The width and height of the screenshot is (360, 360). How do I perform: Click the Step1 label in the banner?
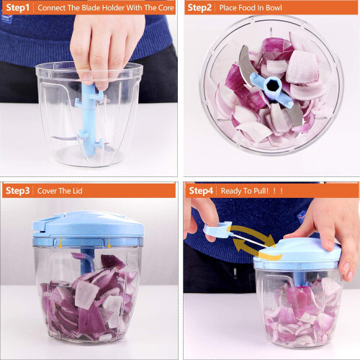point(17,8)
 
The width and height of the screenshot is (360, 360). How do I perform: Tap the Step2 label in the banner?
point(199,8)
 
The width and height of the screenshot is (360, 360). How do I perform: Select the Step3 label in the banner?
point(17,191)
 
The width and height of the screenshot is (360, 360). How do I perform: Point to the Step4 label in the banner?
point(201,191)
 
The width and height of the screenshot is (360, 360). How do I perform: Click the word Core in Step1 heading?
point(166,8)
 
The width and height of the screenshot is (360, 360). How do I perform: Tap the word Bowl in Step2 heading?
point(274,8)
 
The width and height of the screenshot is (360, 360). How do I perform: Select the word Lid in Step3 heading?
point(78,191)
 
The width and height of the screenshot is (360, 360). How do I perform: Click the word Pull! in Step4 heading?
point(261,191)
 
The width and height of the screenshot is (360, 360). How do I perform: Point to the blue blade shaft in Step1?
point(89,119)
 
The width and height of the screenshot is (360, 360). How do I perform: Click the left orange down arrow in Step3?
point(60,241)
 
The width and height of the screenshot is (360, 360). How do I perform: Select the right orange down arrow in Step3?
point(109,241)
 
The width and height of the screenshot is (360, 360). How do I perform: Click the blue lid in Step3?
point(88,229)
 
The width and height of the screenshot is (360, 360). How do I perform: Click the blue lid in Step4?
point(297,254)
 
